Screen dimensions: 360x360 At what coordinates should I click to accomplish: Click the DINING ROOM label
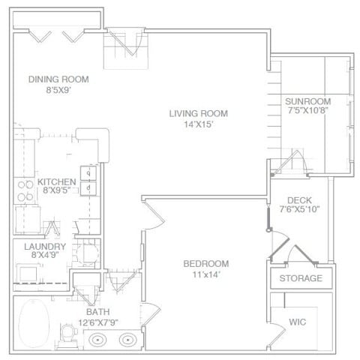pos(58,79)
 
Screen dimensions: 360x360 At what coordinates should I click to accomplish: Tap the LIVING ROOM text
pos(198,113)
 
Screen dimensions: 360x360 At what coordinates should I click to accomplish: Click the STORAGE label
pos(301,278)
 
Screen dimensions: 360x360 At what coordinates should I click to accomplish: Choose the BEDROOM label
pos(206,263)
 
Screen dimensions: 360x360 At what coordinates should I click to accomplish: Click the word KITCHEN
pos(56,181)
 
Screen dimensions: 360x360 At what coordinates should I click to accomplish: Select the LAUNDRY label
pos(45,247)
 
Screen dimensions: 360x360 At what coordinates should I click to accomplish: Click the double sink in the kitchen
pos(87,180)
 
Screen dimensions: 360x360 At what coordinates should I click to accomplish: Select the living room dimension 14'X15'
pos(198,124)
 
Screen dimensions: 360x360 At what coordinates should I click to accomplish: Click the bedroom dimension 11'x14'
pos(206,274)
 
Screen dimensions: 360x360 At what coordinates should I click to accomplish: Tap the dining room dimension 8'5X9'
pos(58,90)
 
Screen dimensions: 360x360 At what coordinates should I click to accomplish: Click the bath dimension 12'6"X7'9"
pos(98,322)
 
